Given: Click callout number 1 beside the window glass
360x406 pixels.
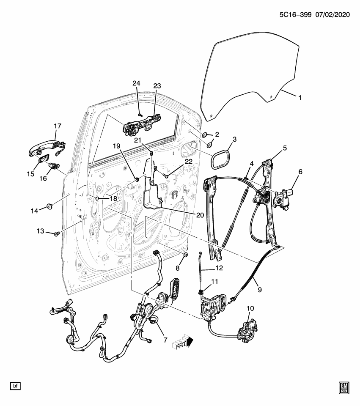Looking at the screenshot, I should coord(300,98).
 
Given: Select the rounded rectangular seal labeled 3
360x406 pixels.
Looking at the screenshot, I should coord(220,157).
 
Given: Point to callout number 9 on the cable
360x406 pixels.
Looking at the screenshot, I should coord(260,290).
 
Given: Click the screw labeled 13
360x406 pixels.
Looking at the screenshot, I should coord(57,233).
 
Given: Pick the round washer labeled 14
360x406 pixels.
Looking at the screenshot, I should coord(49,206).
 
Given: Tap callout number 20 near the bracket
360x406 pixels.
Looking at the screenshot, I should coord(200,215).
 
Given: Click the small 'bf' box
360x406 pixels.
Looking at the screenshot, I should coord(15,386).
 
